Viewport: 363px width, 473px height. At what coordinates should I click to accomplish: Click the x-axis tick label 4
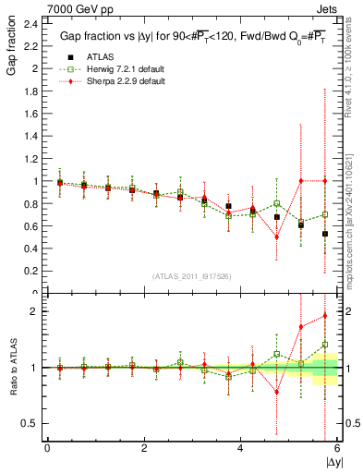point(240,448)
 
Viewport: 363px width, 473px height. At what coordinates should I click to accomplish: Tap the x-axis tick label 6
point(337,448)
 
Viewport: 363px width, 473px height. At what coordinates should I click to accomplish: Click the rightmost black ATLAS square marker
point(325,234)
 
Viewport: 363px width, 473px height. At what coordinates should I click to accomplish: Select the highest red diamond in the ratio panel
point(325,316)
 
